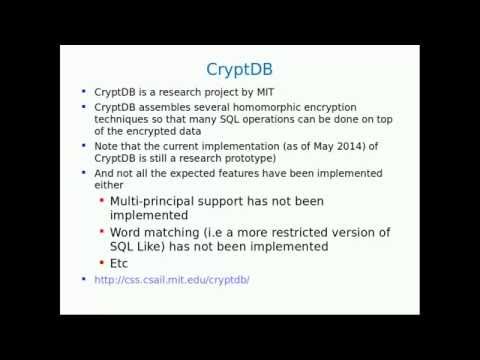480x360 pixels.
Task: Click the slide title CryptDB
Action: (x=239, y=69)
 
